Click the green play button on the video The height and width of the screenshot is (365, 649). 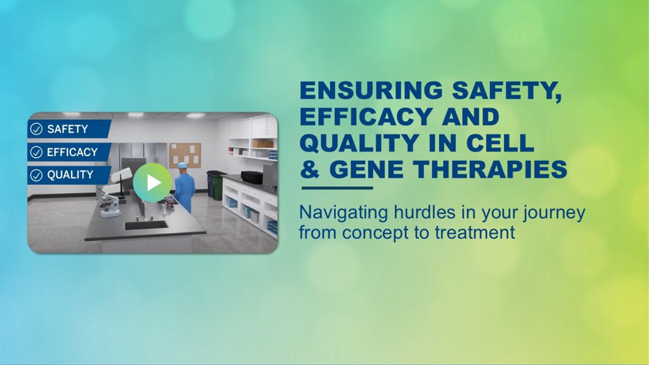(x=152, y=182)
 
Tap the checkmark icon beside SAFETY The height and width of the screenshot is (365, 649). (x=36, y=129)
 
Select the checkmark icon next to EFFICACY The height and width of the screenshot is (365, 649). (x=36, y=152)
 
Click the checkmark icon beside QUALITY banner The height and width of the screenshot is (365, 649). (x=36, y=175)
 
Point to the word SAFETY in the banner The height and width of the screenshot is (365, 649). (x=67, y=129)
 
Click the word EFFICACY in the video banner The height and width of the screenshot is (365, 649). (x=72, y=152)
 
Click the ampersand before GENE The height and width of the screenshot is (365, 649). (x=310, y=169)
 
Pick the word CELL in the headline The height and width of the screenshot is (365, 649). (x=500, y=143)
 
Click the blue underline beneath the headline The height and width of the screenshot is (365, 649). (x=337, y=188)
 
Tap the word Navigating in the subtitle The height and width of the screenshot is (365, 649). (x=344, y=214)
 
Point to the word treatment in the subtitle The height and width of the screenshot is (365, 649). (x=475, y=233)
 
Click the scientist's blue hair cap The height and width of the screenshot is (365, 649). (x=182, y=165)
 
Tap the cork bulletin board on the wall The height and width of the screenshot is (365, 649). (x=185, y=155)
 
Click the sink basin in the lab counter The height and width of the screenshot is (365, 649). (x=146, y=225)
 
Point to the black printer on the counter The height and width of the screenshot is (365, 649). (x=252, y=177)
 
